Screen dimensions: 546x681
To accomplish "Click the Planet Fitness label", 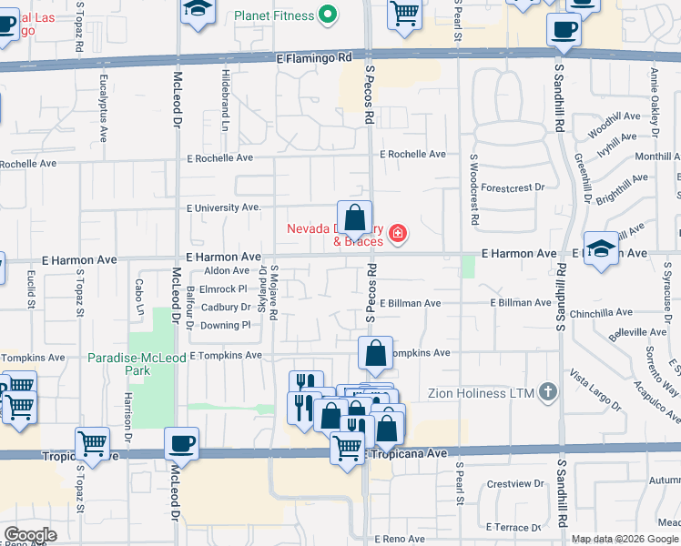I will point(271,15).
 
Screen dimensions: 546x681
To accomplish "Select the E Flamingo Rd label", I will point(313,56).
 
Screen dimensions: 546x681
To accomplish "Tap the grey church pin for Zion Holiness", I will point(547,392).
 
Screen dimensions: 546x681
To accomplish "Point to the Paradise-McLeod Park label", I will point(131,364).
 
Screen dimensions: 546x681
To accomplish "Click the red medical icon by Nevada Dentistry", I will point(397,235).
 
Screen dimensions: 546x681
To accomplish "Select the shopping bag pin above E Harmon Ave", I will point(354,219).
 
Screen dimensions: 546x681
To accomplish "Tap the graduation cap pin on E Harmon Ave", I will point(601,248).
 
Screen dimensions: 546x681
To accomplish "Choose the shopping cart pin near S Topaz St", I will point(92,444).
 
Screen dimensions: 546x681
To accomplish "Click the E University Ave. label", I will point(223,207).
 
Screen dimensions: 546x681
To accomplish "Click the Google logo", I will point(30,535).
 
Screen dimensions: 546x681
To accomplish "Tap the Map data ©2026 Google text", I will point(625,539).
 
